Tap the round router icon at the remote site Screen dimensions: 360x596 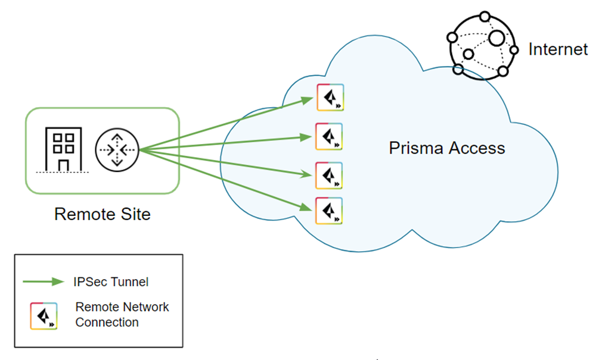click(x=117, y=149)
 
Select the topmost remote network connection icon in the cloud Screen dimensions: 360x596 click(x=330, y=98)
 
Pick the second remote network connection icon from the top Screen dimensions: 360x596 click(x=329, y=137)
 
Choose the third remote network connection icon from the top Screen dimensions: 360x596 click(x=329, y=175)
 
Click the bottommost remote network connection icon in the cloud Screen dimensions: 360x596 click(x=330, y=210)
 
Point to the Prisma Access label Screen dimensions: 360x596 click(x=446, y=148)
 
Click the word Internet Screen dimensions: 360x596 click(x=558, y=49)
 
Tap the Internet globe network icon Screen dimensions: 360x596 click(x=482, y=44)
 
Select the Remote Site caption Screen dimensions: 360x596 click(x=103, y=214)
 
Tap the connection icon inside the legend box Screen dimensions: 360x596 click(x=44, y=315)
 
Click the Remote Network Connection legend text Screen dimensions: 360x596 click(x=122, y=315)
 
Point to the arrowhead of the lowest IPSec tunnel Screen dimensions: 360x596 click(x=307, y=208)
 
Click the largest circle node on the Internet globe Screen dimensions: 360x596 click(x=497, y=38)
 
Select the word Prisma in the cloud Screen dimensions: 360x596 click(x=414, y=148)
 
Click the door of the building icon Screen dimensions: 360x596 click(x=63, y=163)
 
